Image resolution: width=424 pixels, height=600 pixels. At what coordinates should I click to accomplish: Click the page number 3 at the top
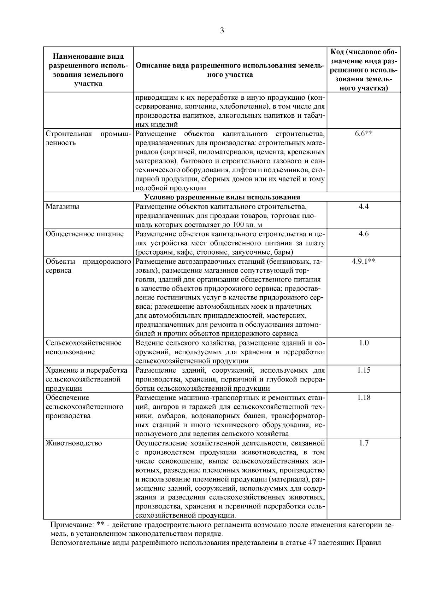222,31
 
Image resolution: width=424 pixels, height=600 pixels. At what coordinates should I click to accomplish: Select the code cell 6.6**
364,134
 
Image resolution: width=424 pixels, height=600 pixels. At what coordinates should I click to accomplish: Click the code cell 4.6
364,234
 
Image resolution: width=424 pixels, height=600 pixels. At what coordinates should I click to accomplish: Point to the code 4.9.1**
364,261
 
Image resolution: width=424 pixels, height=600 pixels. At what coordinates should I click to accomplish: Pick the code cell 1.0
364,343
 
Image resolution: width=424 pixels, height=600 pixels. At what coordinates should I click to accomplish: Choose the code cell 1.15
364,370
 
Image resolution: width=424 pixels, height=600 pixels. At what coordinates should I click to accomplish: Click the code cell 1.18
364,397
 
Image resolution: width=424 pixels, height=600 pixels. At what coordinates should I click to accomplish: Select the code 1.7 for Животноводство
364,443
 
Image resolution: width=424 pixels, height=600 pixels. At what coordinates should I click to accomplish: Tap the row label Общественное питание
85,234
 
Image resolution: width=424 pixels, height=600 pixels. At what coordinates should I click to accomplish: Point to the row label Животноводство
74,443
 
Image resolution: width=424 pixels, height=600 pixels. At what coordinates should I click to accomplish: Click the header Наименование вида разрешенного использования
88,70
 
